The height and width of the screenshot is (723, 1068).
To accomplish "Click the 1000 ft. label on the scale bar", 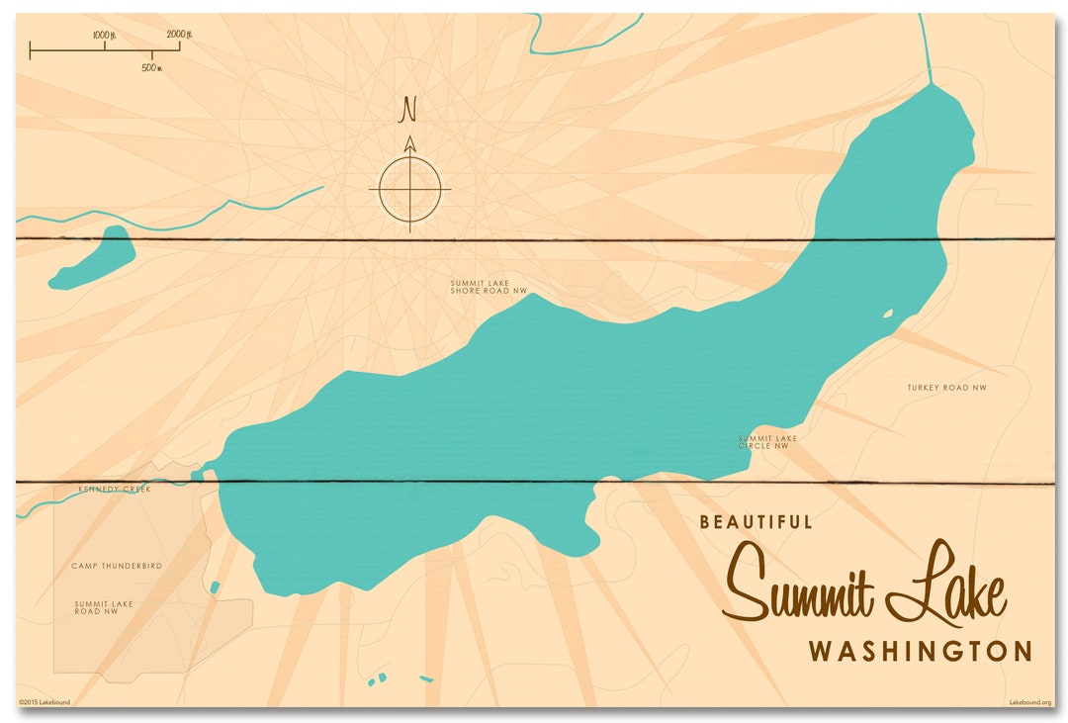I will (104, 35).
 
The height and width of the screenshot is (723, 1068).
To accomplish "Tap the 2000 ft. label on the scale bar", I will (178, 35).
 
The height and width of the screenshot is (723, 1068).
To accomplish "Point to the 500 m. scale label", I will (151, 67).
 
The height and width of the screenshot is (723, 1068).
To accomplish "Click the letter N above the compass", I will (407, 110).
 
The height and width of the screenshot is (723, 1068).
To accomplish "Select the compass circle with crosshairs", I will (410, 188).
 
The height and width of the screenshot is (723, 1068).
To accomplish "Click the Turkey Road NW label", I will (946, 387).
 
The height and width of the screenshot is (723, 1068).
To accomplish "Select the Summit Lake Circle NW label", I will (766, 442).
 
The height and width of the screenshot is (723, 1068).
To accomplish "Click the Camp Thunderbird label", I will (116, 566).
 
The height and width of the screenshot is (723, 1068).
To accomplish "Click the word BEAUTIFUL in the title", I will (756, 522).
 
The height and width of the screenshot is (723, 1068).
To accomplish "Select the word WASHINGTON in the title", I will (920, 652).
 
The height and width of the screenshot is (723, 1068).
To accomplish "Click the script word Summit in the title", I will (800, 586).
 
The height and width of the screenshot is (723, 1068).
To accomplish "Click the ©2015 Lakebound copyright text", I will (44, 702).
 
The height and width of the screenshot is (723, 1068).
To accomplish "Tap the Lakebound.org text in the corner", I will (1028, 702).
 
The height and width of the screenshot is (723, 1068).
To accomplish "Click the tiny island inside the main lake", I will (888, 315).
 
